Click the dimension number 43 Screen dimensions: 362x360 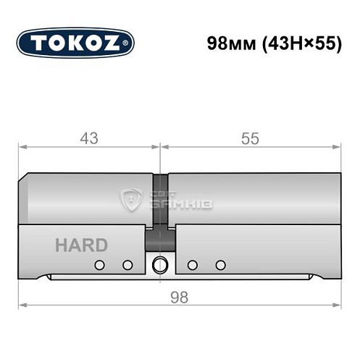[x=89, y=138]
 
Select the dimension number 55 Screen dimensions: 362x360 [x=250, y=138]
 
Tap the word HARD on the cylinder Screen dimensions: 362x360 [x=81, y=245]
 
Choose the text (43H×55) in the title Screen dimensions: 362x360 [x=302, y=43]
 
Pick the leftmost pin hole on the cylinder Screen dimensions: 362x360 [x=101, y=265]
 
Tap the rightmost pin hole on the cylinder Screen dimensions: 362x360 [x=220, y=265]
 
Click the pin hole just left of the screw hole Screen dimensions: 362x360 [x=127, y=265]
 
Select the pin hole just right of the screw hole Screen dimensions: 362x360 [x=193, y=265]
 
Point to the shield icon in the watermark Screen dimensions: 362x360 [x=131, y=198]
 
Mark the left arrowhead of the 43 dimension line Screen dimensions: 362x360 [x=22, y=147]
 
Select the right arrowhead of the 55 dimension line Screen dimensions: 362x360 [x=338, y=147]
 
